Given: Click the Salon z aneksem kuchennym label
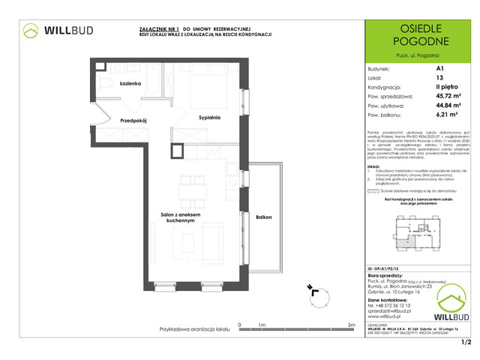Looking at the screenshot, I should [x=178, y=218].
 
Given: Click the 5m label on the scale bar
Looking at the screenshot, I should [x=351, y=325].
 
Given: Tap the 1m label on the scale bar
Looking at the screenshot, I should [x=261, y=325].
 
